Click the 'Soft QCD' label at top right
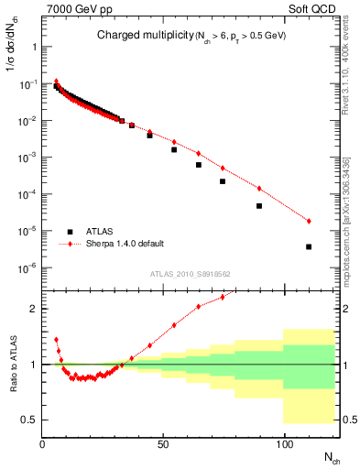pyautogui.click(x=317, y=7)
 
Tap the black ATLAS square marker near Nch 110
pyautogui.click(x=309, y=246)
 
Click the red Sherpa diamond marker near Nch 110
pyautogui.click(x=309, y=221)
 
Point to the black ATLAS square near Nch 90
pyautogui.click(x=259, y=206)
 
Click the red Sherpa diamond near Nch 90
pyautogui.click(x=259, y=189)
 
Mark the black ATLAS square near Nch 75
pyautogui.click(x=223, y=181)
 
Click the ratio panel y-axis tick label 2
pyautogui.click(x=33, y=309)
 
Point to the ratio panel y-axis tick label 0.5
pyautogui.click(x=29, y=420)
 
